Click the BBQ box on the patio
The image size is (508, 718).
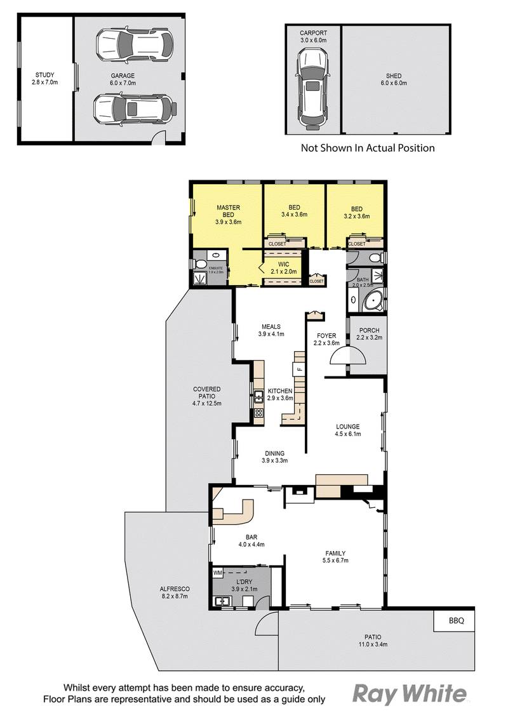453,620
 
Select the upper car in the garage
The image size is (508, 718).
134,45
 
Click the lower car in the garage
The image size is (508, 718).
133,109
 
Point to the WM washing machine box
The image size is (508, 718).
218,573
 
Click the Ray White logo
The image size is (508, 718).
409,693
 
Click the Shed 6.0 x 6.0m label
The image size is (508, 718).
394,79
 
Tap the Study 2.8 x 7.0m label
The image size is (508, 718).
46,79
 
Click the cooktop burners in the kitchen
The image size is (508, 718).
259,413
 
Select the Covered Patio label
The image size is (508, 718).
207,396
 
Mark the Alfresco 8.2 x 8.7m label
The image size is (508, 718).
175,592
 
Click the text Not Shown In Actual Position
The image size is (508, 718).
368,148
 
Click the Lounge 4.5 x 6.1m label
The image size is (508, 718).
348,430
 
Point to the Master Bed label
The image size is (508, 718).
228,215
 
